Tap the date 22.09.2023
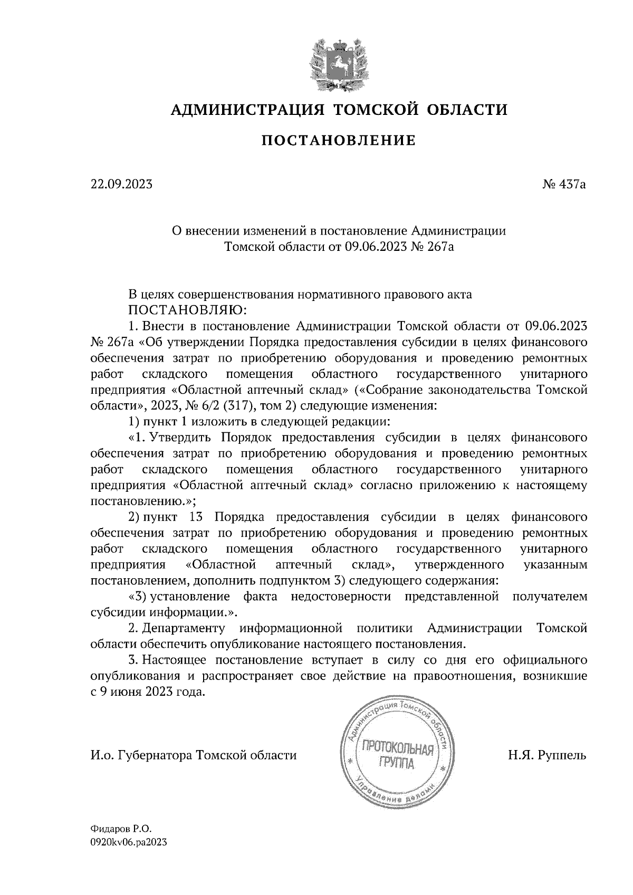tap(121, 184)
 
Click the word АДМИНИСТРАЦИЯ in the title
tap(246, 110)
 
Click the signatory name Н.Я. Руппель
tap(547, 755)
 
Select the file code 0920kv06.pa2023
tap(129, 842)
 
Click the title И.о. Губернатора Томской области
tap(194, 755)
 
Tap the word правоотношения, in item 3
tap(463, 676)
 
